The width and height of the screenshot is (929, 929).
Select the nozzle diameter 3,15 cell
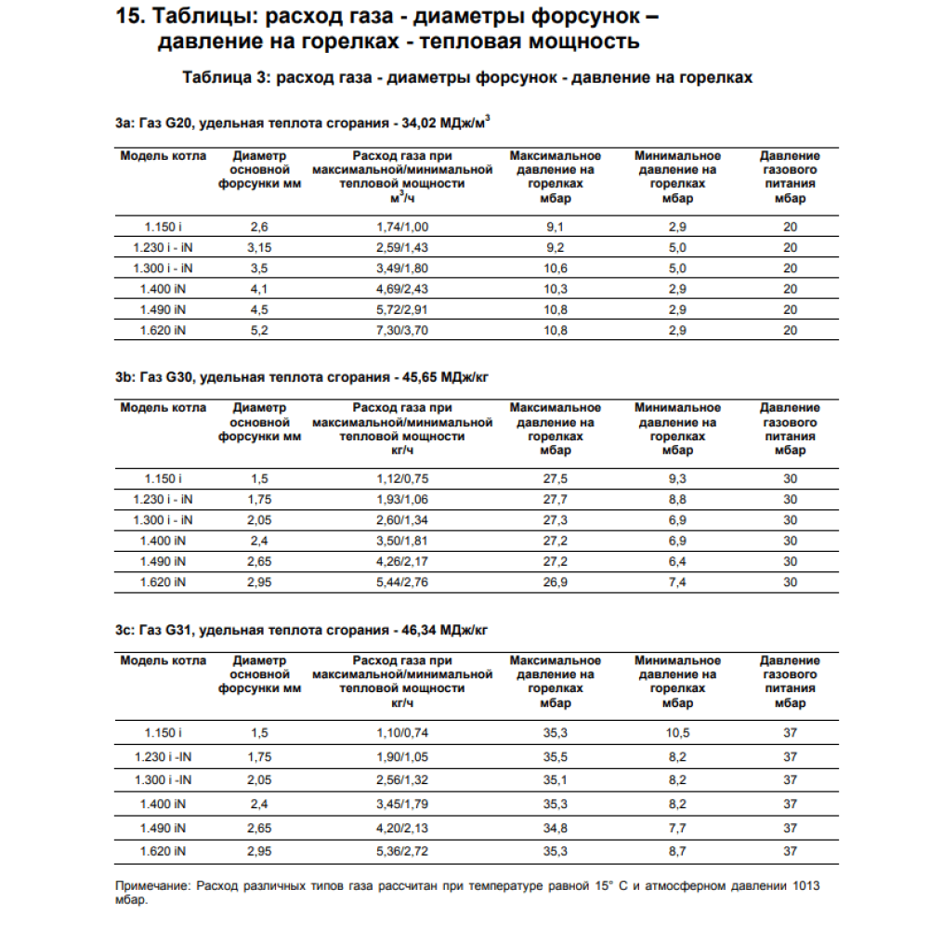(x=259, y=247)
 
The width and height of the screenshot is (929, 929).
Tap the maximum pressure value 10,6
(x=555, y=268)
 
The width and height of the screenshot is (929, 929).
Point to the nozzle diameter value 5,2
(x=259, y=330)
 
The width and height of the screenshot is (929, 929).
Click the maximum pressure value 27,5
(x=555, y=478)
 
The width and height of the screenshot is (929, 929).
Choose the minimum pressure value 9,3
(x=677, y=478)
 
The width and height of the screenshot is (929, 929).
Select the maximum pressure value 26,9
(x=555, y=582)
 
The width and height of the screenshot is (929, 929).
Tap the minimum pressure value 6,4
(x=677, y=561)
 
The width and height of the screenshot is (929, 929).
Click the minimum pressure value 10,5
(x=677, y=733)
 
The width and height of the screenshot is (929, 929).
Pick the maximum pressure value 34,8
(x=555, y=827)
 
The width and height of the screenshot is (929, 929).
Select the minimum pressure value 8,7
(x=677, y=850)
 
